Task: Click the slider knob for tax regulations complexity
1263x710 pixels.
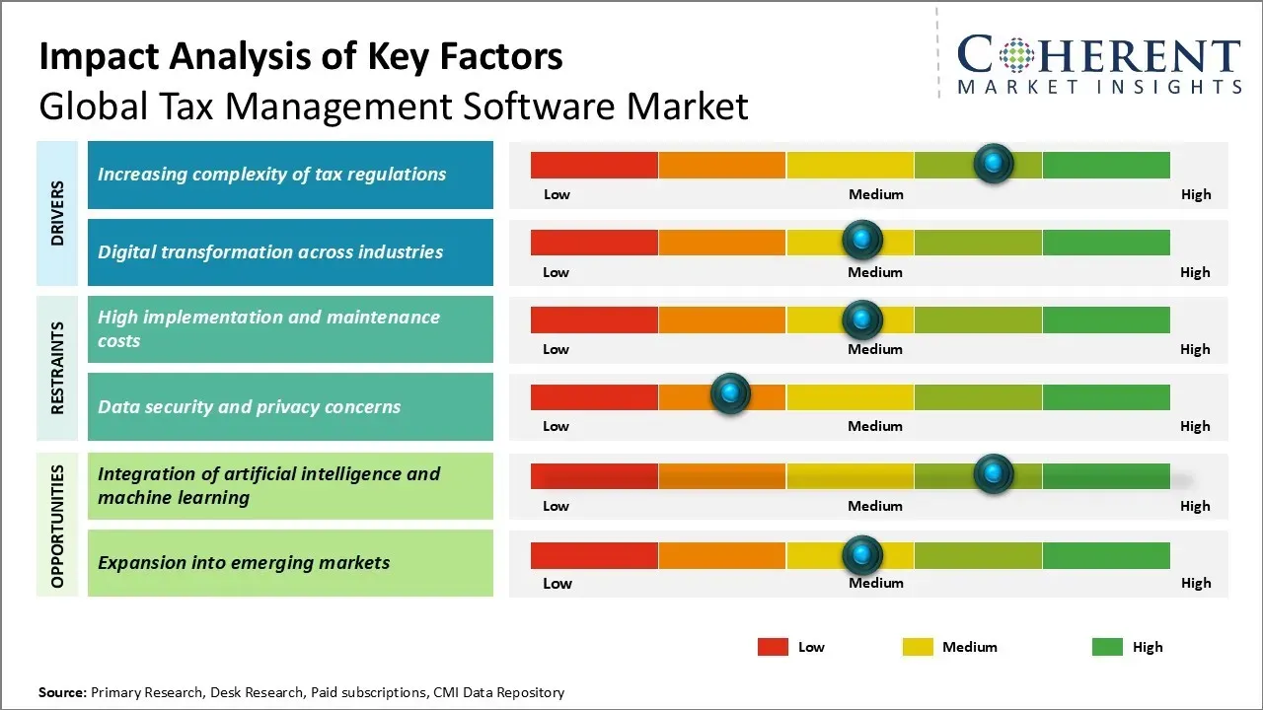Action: pos(994,163)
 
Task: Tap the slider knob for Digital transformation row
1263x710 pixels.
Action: pos(862,240)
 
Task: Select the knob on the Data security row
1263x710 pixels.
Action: pos(730,394)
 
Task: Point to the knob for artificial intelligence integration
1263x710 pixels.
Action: pos(994,474)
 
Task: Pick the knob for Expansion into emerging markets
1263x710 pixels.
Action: pos(862,555)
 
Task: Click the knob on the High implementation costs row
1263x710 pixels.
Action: pos(862,319)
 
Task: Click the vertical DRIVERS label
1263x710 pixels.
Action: pos(57,213)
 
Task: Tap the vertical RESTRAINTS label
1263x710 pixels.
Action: pos(57,367)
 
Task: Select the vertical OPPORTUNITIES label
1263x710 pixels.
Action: pos(57,526)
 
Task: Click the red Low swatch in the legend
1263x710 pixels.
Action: pos(773,647)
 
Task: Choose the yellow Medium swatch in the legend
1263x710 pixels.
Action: pos(918,647)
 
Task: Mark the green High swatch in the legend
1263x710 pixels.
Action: pos(1107,647)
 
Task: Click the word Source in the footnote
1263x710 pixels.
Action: pos(62,692)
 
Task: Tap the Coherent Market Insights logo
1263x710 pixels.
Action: pos(1098,64)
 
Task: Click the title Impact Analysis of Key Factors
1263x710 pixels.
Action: pos(301,57)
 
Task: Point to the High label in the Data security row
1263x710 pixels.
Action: pos(1194,426)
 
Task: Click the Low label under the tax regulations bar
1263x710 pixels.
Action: pos(557,194)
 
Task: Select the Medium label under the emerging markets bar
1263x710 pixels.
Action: pos(875,583)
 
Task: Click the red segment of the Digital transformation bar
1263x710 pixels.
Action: pos(594,242)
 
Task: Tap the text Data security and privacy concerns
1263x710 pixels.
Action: pos(249,406)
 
